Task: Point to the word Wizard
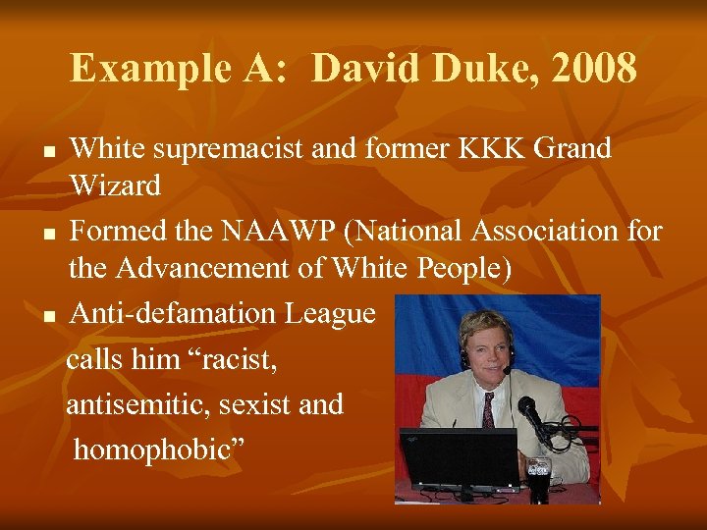115,185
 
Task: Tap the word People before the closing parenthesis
454,269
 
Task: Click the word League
330,314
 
